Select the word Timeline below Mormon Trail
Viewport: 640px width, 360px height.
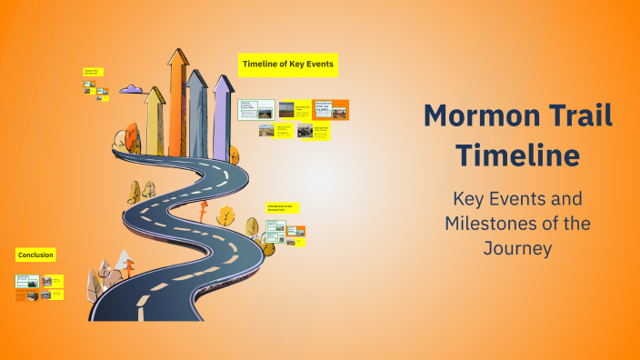(517, 155)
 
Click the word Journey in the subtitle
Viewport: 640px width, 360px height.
(517, 247)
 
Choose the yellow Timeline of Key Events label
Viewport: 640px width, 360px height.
(288, 64)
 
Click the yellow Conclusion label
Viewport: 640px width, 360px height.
(35, 255)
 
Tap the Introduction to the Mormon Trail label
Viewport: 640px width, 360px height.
(282, 208)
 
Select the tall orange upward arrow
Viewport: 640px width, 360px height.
(177, 100)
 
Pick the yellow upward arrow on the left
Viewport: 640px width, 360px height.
(155, 118)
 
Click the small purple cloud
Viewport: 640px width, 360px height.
(131, 89)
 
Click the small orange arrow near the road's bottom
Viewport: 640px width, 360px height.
(129, 268)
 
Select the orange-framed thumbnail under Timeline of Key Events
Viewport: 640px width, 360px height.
(331, 110)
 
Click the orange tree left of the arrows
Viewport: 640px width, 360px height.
(123, 140)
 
